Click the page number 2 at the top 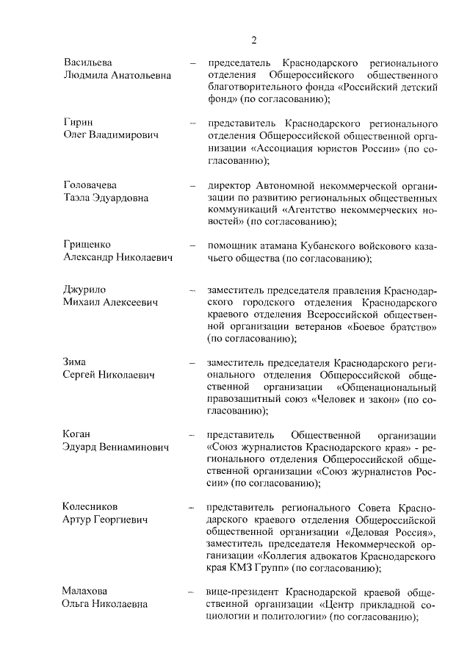pyautogui.click(x=253, y=40)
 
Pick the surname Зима pyautogui.click(x=76, y=362)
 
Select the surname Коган pyautogui.click(x=79, y=435)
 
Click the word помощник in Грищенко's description pyautogui.click(x=235, y=245)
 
